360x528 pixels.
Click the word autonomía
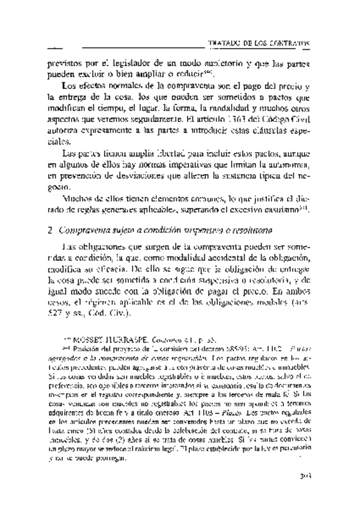283,164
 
